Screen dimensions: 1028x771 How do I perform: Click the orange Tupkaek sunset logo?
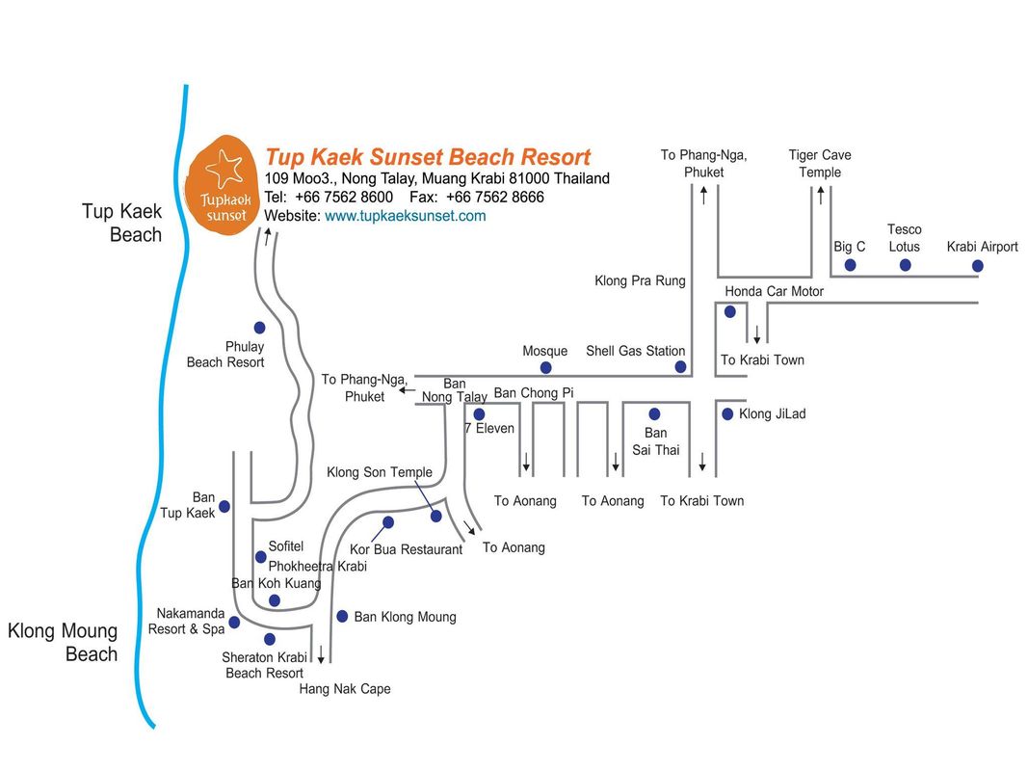(x=221, y=183)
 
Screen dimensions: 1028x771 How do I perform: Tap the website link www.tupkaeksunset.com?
(x=406, y=216)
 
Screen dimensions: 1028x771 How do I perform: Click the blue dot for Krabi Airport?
(x=978, y=266)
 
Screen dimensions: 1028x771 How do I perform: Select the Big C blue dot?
(x=851, y=265)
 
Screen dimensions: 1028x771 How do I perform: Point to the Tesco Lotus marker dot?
(x=906, y=265)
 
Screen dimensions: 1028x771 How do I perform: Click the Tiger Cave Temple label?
(x=820, y=163)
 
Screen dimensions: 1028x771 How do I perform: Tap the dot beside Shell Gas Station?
(x=680, y=366)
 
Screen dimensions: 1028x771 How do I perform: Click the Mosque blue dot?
(x=545, y=367)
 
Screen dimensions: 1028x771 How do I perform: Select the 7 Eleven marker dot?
(x=479, y=414)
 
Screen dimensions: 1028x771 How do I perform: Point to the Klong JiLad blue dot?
(x=727, y=413)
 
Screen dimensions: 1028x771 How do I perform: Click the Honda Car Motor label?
(x=775, y=291)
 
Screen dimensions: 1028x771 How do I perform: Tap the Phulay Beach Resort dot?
(x=259, y=327)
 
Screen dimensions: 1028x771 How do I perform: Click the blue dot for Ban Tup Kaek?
(x=224, y=506)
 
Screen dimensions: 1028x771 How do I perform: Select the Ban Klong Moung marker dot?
(x=342, y=616)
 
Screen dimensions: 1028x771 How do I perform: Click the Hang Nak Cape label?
(x=345, y=689)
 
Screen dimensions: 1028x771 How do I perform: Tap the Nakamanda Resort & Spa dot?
(x=234, y=623)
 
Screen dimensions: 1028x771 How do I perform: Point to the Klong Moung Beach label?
(x=63, y=643)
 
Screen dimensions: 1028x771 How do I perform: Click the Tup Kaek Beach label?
(x=122, y=223)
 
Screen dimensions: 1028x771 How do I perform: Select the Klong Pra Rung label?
(x=640, y=280)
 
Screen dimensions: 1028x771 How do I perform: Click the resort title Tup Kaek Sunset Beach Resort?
(x=428, y=157)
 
